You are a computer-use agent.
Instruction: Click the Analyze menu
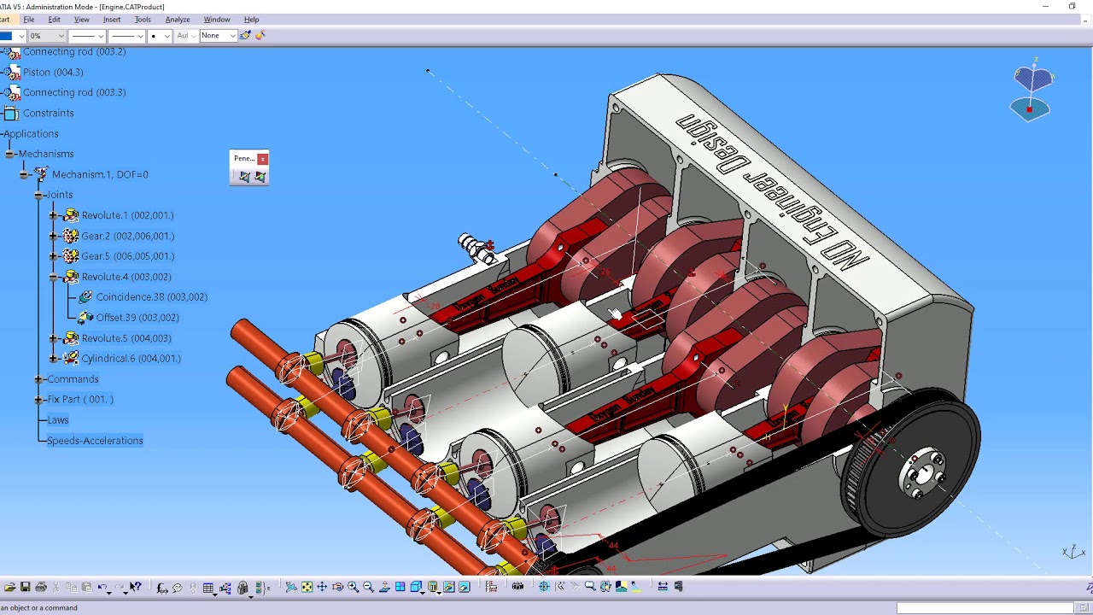tap(177, 19)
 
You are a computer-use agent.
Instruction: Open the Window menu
tap(216, 19)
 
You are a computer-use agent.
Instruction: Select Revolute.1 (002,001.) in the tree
tap(126, 215)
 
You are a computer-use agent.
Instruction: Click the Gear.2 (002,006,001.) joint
tap(127, 236)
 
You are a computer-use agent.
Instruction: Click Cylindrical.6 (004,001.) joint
tap(131, 359)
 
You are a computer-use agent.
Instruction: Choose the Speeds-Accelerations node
tap(95, 441)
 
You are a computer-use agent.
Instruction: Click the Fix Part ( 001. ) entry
tap(80, 400)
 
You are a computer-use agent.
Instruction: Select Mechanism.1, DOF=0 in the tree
tap(100, 174)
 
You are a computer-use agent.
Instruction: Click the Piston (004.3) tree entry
tap(53, 72)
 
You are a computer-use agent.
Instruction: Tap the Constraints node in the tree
tap(48, 113)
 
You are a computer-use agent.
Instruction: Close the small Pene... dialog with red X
tap(262, 159)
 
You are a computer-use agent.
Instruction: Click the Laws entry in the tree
tap(58, 420)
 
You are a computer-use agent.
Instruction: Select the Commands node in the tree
tap(73, 379)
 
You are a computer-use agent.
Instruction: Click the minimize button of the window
tap(1045, 7)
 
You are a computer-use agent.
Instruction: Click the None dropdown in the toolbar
tap(218, 36)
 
